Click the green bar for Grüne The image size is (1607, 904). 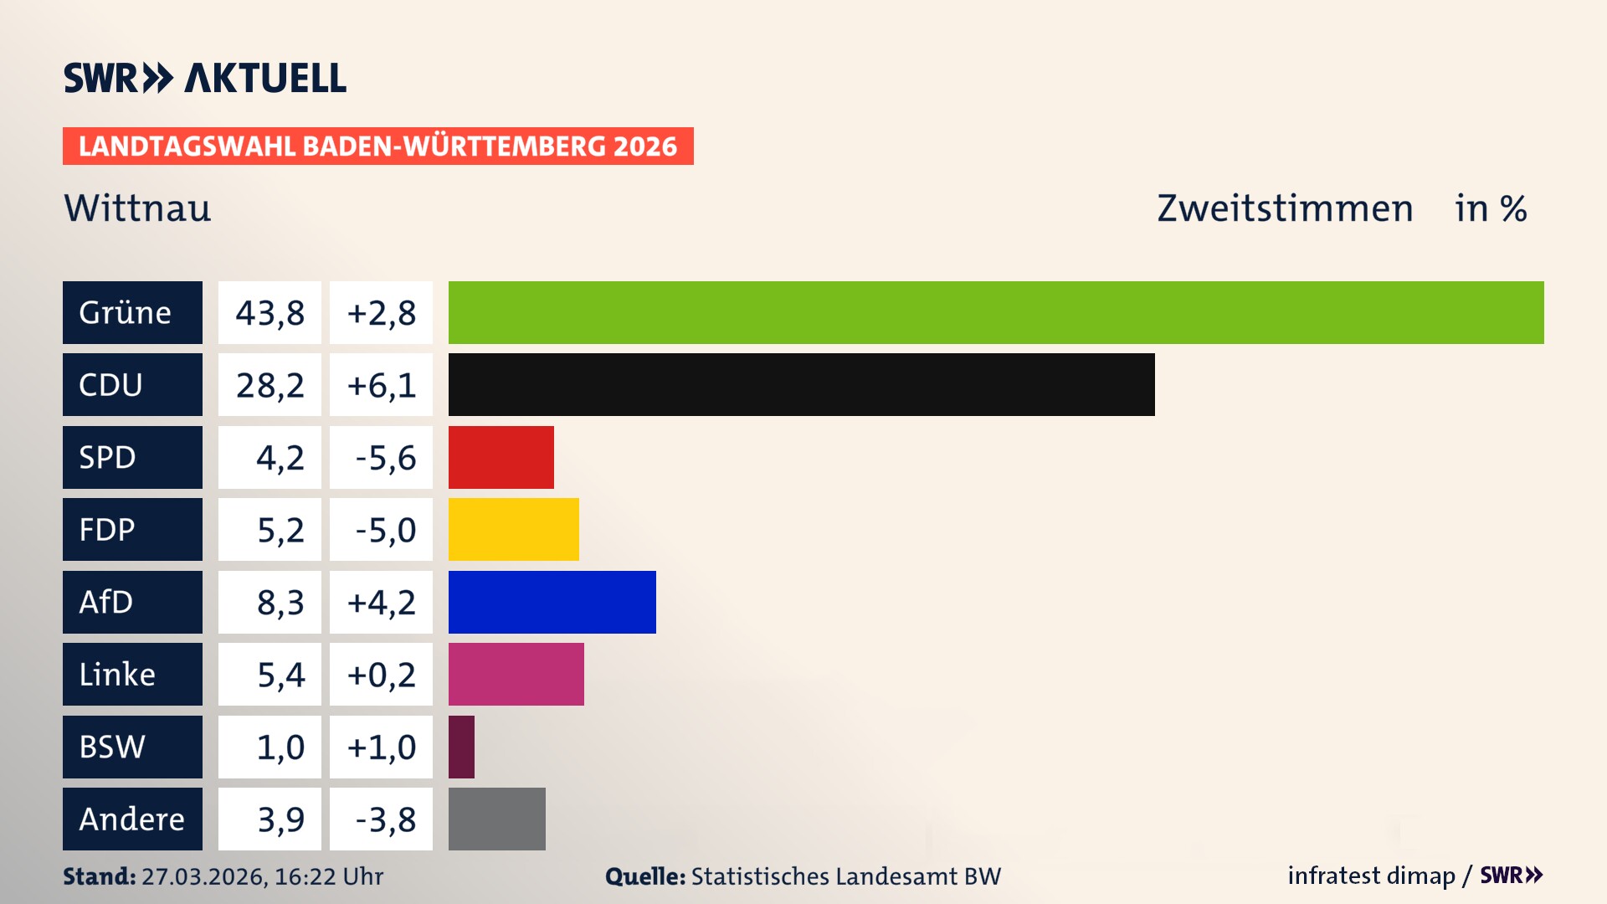point(996,312)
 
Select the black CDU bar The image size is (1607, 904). point(801,384)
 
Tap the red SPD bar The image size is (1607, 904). point(501,457)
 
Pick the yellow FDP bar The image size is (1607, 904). point(513,529)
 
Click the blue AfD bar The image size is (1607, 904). point(552,602)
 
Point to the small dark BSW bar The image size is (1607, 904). point(461,747)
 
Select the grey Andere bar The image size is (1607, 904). point(496,819)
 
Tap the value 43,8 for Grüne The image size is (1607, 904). point(270,312)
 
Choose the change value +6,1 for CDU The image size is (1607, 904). point(381,384)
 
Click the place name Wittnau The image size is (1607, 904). point(137,208)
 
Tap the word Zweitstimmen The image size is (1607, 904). point(1285,208)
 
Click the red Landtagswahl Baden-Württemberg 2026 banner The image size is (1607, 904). point(377,146)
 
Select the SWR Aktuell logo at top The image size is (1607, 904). point(204,78)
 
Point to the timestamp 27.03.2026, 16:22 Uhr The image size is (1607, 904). point(262,876)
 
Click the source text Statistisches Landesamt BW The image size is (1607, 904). point(845,876)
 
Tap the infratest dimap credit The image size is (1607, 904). point(1371,876)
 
